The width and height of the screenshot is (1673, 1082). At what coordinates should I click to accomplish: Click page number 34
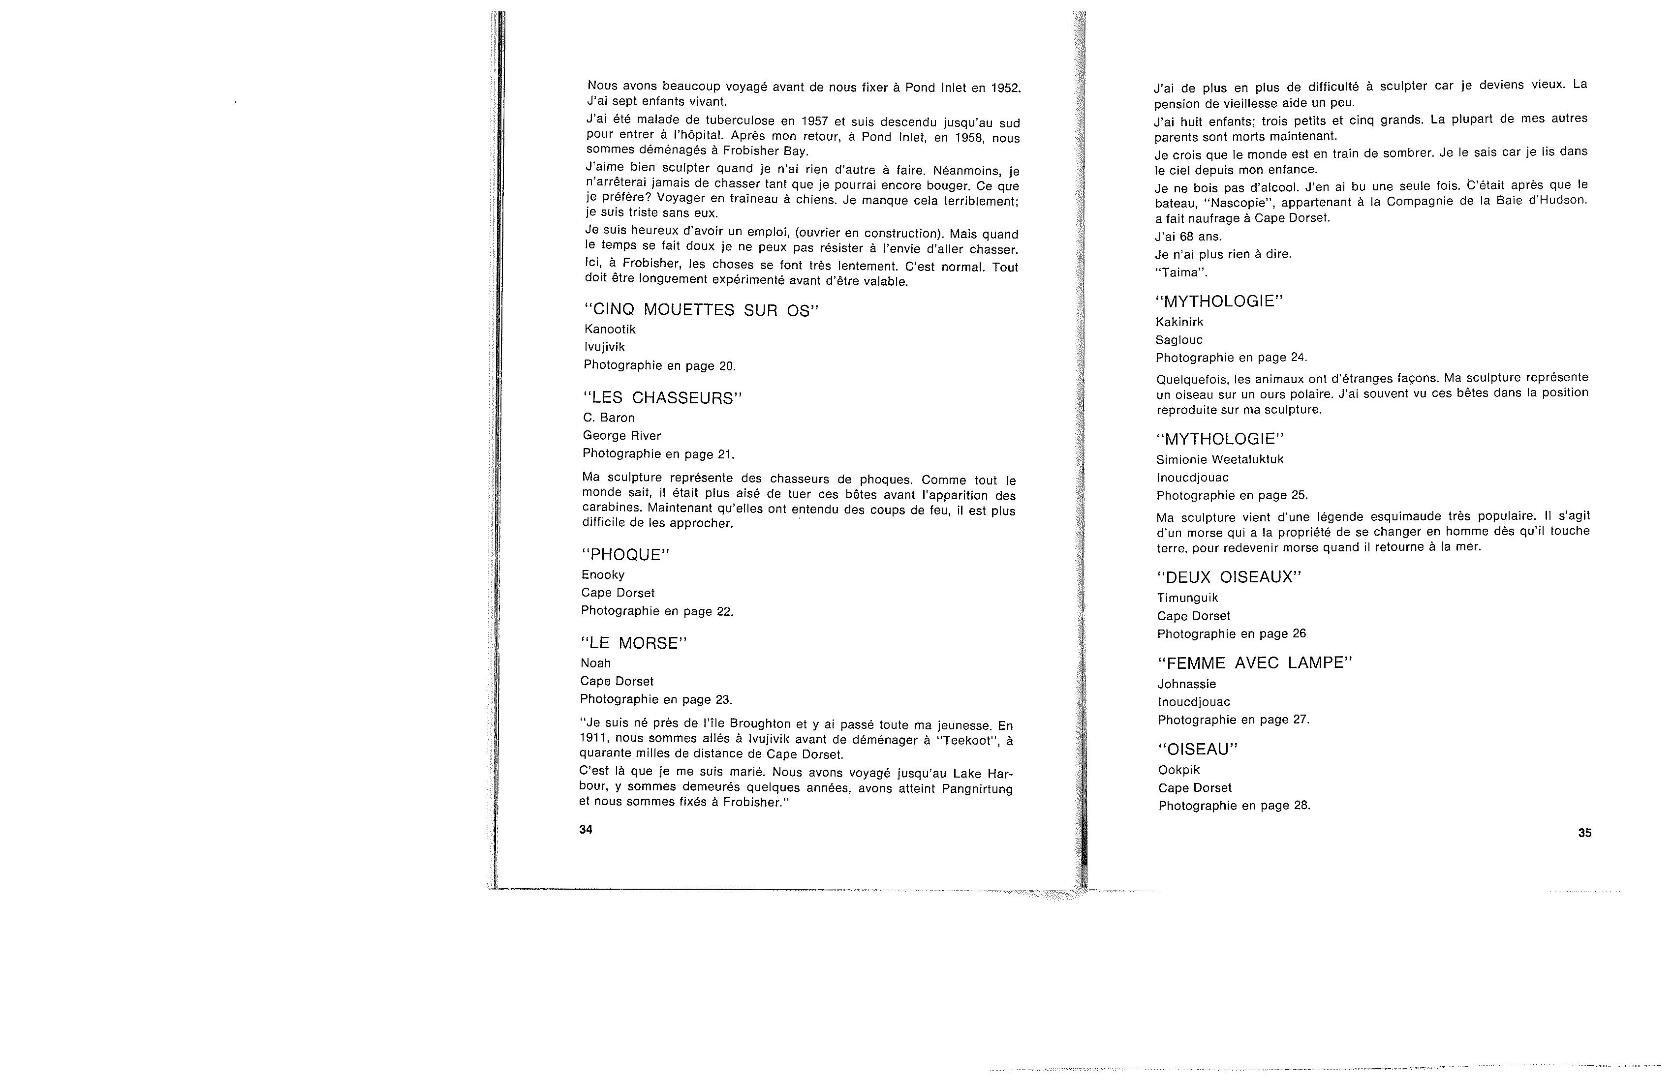586,830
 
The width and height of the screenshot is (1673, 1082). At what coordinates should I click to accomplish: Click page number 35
1584,833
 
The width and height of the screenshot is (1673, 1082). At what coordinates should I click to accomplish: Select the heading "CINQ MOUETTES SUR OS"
702,310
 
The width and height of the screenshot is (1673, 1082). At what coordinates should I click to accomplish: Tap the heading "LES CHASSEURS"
663,398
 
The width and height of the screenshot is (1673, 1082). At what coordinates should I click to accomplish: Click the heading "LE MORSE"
633,643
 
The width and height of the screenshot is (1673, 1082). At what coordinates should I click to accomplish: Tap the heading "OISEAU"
1198,750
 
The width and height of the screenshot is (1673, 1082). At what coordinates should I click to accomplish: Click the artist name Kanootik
610,330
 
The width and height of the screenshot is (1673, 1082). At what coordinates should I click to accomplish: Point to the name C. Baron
609,418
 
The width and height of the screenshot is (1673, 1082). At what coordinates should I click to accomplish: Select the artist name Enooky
602,575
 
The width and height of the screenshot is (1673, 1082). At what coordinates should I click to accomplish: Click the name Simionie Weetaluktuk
1220,459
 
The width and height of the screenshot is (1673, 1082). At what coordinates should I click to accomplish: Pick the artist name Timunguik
1187,598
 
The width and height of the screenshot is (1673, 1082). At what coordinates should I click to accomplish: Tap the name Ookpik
1179,770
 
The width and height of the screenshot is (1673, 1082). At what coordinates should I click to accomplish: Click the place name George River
621,436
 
